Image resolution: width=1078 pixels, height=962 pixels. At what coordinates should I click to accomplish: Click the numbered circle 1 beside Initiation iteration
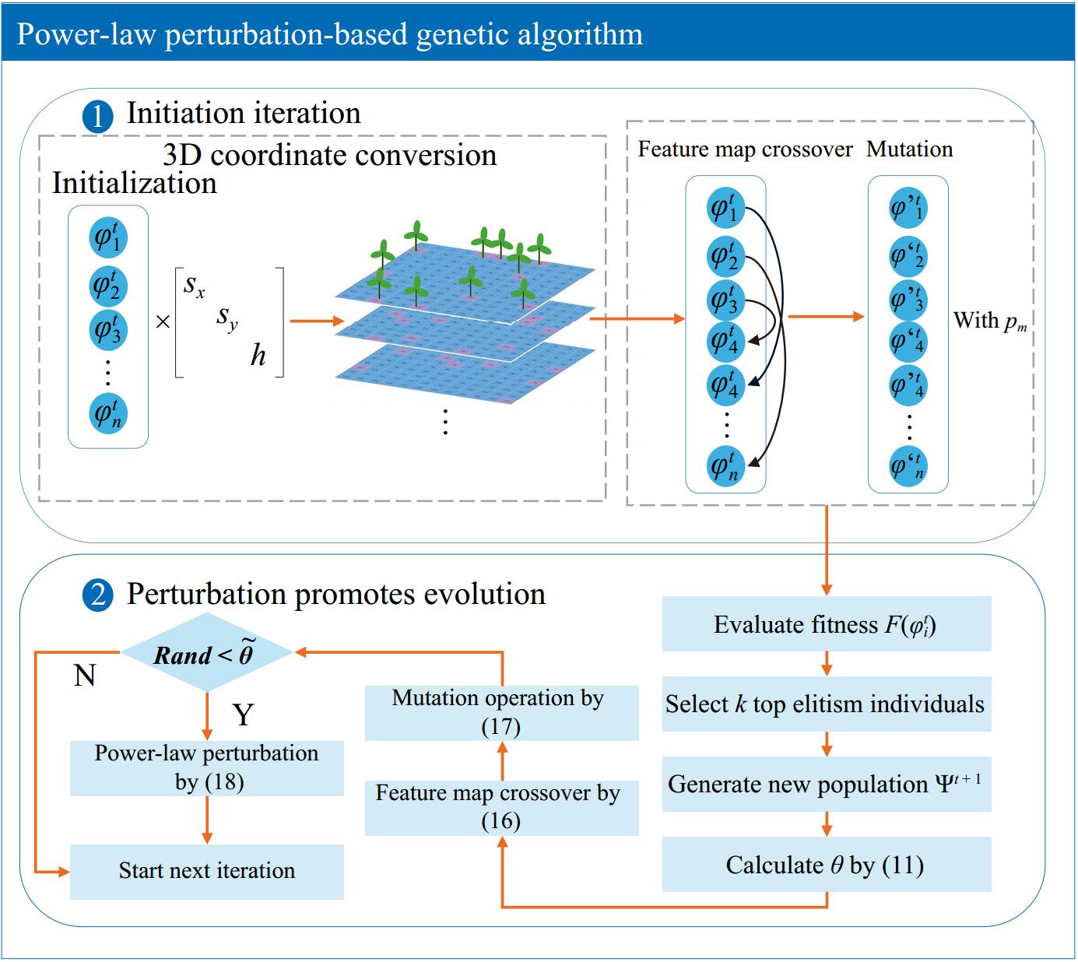(97, 116)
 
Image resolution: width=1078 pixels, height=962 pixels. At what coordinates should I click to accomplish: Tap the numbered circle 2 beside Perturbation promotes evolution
(97, 596)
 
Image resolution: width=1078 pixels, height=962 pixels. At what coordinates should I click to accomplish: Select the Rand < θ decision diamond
(206, 653)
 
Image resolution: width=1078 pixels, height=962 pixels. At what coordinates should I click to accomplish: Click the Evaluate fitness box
(826, 624)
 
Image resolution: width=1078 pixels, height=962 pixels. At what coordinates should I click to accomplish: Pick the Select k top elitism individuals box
(826, 704)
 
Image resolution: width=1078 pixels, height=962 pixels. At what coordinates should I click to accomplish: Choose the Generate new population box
(826, 785)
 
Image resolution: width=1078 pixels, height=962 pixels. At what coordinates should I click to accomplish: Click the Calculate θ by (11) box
(826, 865)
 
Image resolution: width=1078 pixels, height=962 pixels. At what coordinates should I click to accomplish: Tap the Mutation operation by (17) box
(501, 712)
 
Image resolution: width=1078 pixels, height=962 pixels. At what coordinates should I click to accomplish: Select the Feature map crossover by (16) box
(501, 807)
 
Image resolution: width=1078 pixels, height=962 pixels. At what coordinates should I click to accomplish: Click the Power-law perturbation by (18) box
(206, 767)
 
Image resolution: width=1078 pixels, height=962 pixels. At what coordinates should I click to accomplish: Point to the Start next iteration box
(206, 871)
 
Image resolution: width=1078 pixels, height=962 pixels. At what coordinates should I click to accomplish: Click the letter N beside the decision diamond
(84, 676)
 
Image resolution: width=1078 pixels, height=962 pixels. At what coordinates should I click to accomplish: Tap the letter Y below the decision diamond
(244, 714)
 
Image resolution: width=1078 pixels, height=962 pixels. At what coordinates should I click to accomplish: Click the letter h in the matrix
(258, 356)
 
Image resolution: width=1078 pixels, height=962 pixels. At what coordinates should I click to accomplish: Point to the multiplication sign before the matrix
(162, 321)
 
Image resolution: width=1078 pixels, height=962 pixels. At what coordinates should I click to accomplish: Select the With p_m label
(989, 321)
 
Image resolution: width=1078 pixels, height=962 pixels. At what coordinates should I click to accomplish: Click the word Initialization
(134, 184)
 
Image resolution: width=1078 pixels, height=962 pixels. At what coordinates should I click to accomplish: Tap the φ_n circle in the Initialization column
(107, 413)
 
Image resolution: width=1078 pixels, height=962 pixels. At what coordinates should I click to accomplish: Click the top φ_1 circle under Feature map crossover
(725, 208)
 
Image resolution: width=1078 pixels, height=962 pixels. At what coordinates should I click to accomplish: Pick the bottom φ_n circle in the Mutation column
(908, 466)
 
